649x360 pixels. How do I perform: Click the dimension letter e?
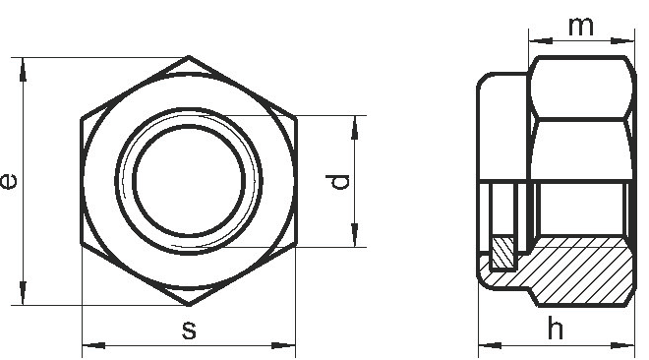(x=9, y=181)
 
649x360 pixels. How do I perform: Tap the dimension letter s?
(x=189, y=330)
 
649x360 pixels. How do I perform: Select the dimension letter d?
(x=337, y=182)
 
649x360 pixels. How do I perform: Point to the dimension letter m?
(x=581, y=27)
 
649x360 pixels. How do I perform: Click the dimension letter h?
(x=556, y=328)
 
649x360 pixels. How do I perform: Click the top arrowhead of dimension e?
(x=23, y=69)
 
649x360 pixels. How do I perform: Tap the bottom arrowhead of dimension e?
(x=23, y=293)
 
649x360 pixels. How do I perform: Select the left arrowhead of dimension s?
(x=94, y=345)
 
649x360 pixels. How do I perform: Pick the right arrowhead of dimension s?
(x=283, y=345)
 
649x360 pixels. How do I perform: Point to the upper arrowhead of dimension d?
(x=355, y=127)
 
